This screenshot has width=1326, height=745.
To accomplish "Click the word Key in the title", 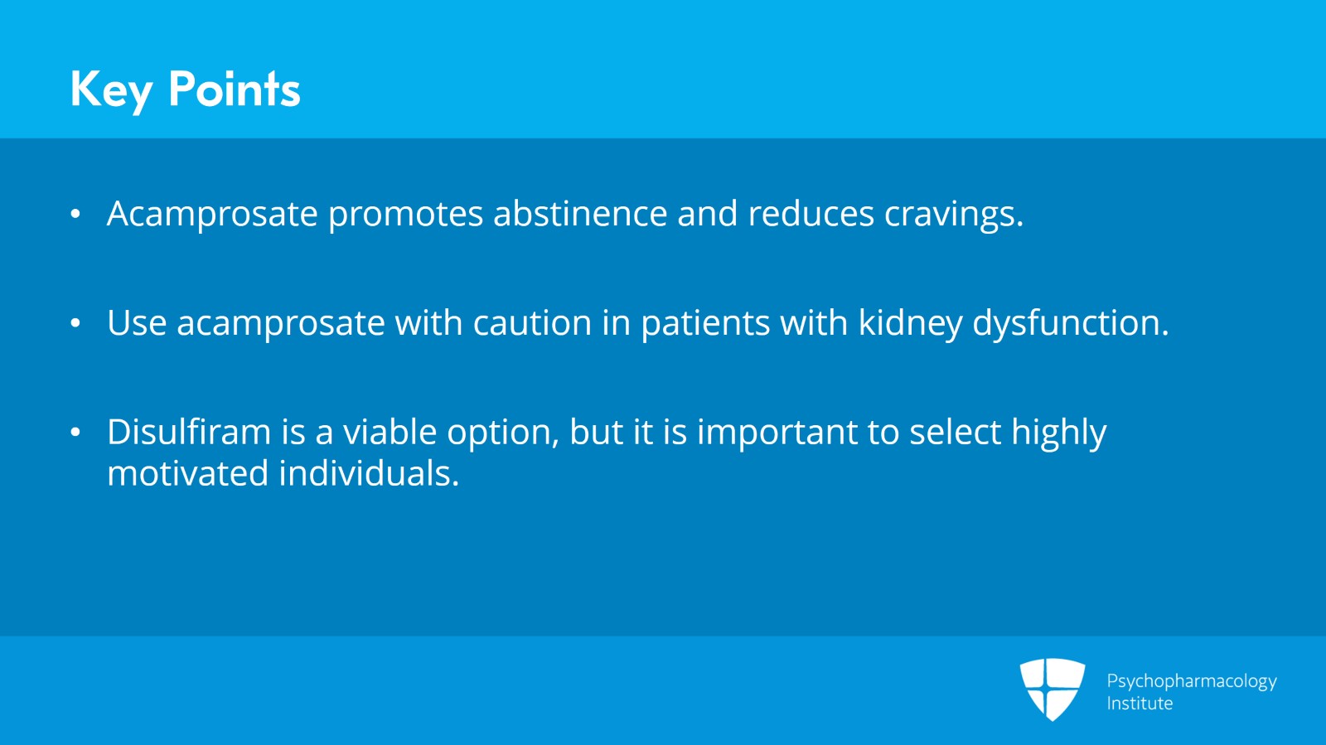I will tap(111, 89).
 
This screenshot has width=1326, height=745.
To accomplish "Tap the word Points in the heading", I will tap(234, 89).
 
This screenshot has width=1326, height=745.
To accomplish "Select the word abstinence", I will tap(580, 214).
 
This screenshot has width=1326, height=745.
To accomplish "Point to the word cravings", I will tap(953, 215).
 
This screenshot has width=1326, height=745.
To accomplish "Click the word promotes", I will tap(405, 215).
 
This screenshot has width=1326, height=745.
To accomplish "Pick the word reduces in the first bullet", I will tap(811, 214).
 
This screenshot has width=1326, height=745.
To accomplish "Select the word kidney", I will tap(910, 323).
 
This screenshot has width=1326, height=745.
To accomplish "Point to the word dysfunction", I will tap(1070, 323).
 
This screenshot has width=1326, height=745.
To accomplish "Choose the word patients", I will tap(705, 324).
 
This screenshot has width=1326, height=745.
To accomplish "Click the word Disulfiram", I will tap(189, 433).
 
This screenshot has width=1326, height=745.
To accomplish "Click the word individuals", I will tap(369, 474).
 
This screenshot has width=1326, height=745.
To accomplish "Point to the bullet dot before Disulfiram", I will tap(75, 433).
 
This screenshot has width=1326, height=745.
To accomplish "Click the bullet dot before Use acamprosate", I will tap(75, 323).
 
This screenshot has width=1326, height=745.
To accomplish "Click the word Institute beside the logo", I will tap(1140, 704).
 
